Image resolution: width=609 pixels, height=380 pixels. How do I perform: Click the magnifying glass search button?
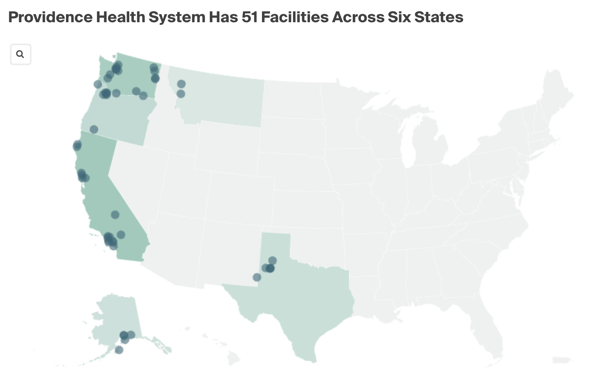[20, 54]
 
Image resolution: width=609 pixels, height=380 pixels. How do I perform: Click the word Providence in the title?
[50, 17]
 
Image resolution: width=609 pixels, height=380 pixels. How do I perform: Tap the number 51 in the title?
[249, 17]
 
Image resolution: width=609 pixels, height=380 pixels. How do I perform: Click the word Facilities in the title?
[295, 17]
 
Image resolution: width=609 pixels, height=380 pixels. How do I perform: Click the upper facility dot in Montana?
[181, 84]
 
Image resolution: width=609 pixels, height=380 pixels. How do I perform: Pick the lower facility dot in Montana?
[181, 93]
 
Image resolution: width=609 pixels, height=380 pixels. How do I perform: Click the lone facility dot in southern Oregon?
[94, 129]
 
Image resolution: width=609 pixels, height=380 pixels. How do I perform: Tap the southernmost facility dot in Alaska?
[119, 350]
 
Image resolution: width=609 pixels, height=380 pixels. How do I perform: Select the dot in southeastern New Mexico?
[257, 277]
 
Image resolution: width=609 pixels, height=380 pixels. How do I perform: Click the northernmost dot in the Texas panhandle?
[272, 261]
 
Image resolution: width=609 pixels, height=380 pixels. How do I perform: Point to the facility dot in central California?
[115, 215]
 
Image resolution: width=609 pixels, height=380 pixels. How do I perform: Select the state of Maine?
[556, 92]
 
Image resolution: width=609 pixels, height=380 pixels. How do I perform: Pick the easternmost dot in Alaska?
[131, 335]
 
